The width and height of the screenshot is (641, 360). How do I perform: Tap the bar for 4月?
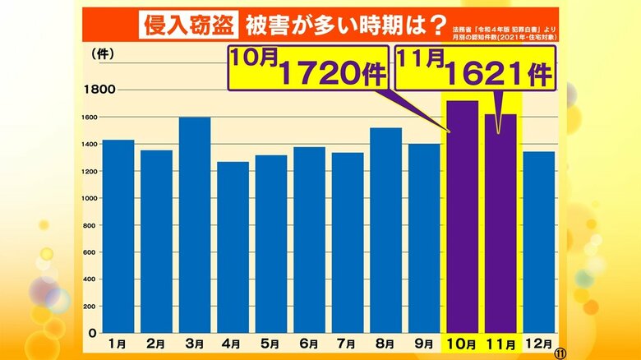point(233,247)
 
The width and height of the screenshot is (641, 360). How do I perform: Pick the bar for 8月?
point(385,230)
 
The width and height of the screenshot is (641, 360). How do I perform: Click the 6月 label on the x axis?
point(310,344)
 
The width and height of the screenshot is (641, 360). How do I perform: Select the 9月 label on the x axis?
point(424,344)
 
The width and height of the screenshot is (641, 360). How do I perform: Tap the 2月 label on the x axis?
point(157,344)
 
